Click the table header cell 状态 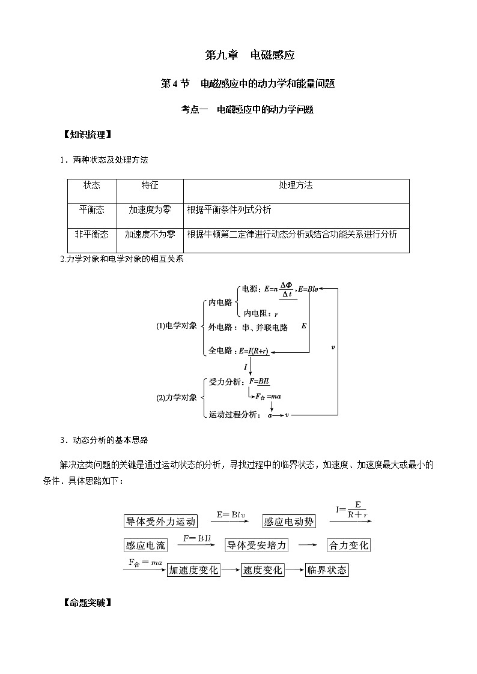(x=91, y=185)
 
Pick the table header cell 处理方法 (x=296, y=185)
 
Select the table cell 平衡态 (x=91, y=209)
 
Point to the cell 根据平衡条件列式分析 (x=229, y=209)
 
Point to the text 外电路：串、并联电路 (x=248, y=328)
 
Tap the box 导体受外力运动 (x=160, y=521)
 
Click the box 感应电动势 (x=289, y=522)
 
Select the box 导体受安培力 (x=257, y=545)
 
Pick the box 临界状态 (x=326, y=570)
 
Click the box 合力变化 (x=348, y=545)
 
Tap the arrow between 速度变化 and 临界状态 (x=294, y=570)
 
